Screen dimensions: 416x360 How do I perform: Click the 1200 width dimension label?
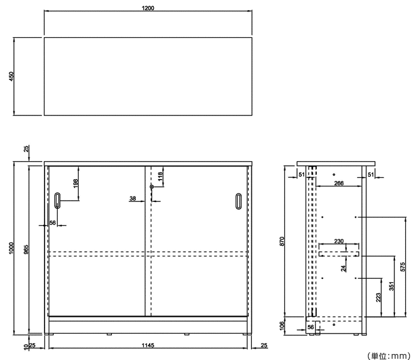(148, 8)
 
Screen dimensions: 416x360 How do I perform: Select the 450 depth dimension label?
(11, 76)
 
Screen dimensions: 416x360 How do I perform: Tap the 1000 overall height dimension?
(11, 248)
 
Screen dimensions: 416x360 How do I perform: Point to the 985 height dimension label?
(26, 249)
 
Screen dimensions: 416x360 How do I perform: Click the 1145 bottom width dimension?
(148, 345)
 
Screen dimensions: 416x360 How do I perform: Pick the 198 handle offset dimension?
(75, 183)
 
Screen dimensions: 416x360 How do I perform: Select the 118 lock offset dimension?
(160, 177)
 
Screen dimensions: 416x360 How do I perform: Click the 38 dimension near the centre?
(133, 198)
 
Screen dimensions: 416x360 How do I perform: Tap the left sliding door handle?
(57, 201)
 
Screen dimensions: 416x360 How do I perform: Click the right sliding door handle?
(239, 201)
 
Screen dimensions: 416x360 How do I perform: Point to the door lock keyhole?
(151, 187)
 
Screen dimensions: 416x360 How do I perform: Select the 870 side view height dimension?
(282, 241)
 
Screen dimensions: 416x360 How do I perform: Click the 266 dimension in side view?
(339, 183)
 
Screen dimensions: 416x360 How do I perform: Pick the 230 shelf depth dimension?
(339, 241)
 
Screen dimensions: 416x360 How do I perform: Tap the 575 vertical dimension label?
(403, 267)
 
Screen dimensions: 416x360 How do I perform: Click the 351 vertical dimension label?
(392, 286)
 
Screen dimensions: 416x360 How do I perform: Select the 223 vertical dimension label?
(379, 297)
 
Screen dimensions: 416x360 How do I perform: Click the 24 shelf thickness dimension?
(344, 268)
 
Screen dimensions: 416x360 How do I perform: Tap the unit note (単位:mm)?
(389, 355)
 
